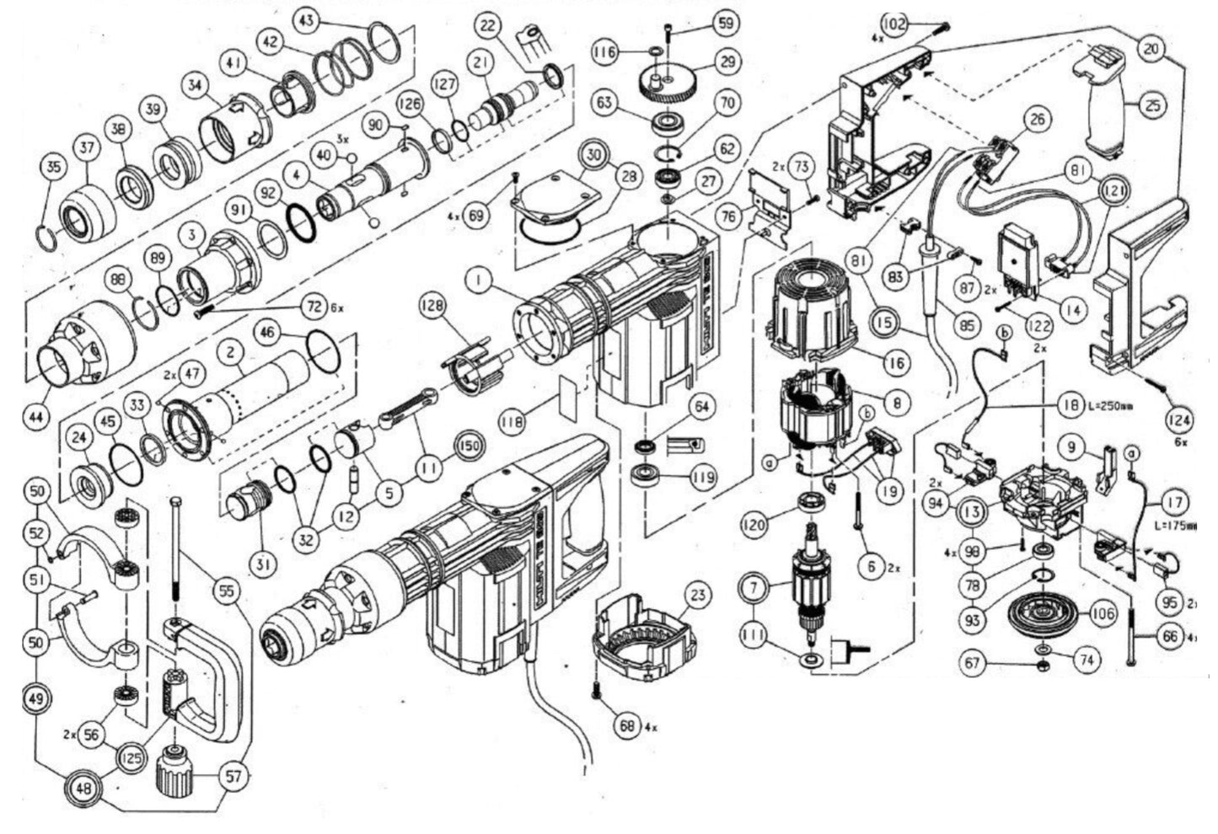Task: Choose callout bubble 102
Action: click(897, 24)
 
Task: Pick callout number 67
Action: click(974, 663)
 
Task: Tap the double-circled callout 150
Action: click(472, 443)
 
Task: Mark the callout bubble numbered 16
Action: click(894, 362)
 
